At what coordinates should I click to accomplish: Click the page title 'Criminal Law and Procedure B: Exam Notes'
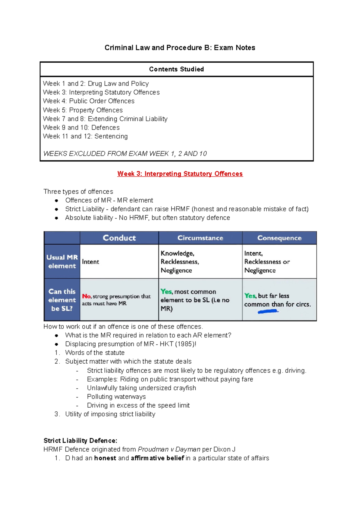(x=180, y=48)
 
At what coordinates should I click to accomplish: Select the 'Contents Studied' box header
(x=176, y=69)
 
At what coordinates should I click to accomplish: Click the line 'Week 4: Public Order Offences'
(x=88, y=101)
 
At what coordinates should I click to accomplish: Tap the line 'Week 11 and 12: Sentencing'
(x=85, y=136)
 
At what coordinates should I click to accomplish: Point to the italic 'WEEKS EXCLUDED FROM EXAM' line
(x=125, y=154)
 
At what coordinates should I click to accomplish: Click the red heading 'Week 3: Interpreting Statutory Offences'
(x=180, y=174)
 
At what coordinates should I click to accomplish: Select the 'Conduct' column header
(x=119, y=238)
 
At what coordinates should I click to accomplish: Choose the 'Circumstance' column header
(x=200, y=238)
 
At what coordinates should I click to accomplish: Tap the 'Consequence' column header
(x=279, y=238)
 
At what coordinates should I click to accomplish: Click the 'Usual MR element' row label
(x=62, y=261)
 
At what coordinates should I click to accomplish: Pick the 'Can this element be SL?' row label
(x=62, y=300)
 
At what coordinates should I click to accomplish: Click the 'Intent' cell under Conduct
(x=90, y=262)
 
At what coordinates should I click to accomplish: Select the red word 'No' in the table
(x=86, y=296)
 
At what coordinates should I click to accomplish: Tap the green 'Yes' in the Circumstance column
(x=166, y=291)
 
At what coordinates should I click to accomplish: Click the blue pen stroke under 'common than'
(x=268, y=312)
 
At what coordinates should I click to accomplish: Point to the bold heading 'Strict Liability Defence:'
(x=80, y=441)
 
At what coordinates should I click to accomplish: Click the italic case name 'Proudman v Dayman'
(x=169, y=449)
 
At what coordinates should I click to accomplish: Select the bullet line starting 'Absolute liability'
(x=147, y=218)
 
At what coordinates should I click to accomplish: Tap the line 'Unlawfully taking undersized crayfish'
(x=141, y=388)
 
